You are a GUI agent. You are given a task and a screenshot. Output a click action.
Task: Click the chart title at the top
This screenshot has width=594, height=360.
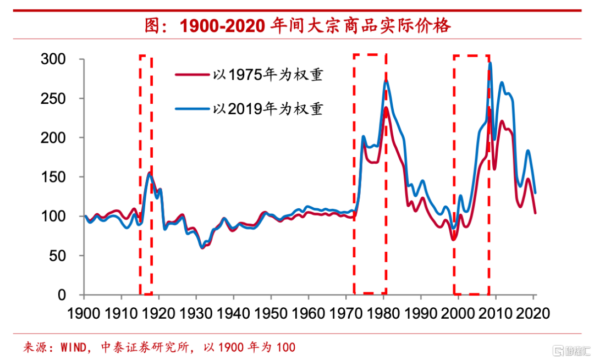297,25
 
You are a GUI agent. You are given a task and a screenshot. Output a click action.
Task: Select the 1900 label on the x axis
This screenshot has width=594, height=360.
85,313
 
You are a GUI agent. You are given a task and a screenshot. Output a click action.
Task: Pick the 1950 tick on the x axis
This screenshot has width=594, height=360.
272,313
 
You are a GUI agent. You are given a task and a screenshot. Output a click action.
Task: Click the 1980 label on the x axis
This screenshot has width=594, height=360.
384,313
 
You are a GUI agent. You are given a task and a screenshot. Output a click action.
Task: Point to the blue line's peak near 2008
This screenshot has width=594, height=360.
490,63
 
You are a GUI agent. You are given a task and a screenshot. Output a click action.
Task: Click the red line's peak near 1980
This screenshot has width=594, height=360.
386,108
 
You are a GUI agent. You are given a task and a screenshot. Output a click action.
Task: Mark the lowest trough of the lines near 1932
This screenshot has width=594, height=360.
202,247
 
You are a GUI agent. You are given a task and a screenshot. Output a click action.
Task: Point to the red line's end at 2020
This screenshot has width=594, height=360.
535,213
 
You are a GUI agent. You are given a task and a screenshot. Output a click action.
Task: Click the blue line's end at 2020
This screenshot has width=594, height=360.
535,192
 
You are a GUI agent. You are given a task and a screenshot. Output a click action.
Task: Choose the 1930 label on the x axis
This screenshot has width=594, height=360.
197,313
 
